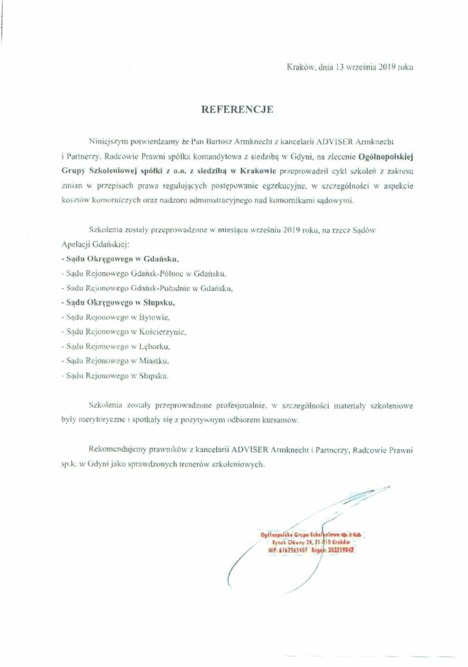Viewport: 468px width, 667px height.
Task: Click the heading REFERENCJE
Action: click(x=237, y=110)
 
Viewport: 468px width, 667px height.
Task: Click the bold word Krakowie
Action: click(x=258, y=171)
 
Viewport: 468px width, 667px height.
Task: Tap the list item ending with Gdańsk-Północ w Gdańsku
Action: click(x=144, y=274)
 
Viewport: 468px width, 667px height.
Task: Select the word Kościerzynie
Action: click(x=163, y=332)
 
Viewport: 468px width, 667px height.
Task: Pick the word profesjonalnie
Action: click(x=241, y=405)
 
